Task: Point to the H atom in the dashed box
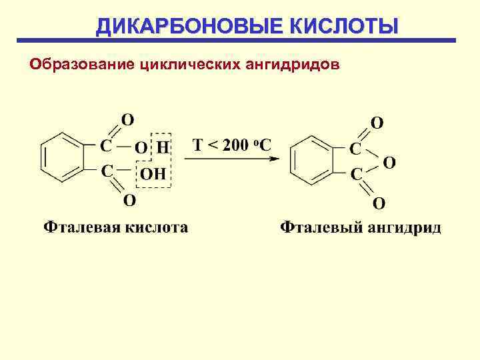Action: click(163, 147)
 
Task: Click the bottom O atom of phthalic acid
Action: click(130, 199)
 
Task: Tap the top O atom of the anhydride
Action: click(377, 123)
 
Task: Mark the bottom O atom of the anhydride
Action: click(378, 202)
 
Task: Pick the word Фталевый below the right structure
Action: click(317, 228)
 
